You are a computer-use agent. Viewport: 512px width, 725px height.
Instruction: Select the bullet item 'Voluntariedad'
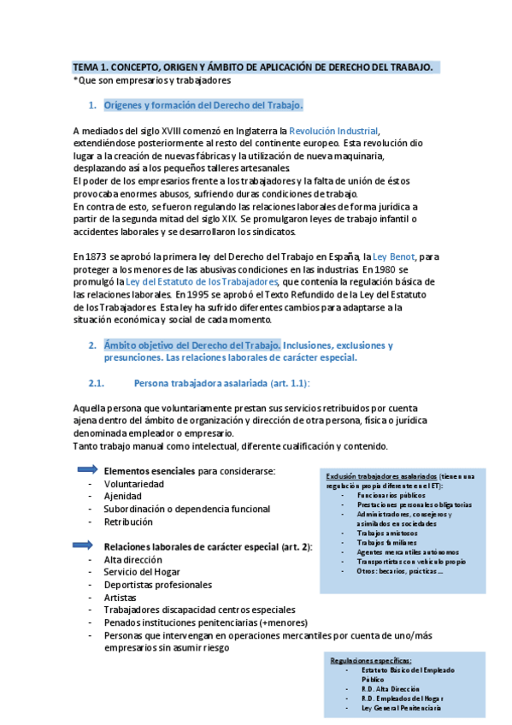[x=133, y=483]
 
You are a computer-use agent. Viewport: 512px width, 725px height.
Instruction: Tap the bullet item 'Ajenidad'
[x=123, y=496]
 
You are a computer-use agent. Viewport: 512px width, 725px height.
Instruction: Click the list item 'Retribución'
[x=128, y=521]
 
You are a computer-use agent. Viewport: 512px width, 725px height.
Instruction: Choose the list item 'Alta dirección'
[x=132, y=559]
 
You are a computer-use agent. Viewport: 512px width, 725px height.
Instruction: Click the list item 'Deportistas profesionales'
[x=157, y=585]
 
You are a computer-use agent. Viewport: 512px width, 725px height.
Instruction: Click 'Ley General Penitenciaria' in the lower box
[x=402, y=709]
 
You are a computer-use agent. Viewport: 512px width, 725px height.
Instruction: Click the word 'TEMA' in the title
[x=86, y=67]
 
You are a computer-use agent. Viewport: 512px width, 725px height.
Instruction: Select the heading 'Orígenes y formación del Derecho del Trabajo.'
[x=203, y=106]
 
